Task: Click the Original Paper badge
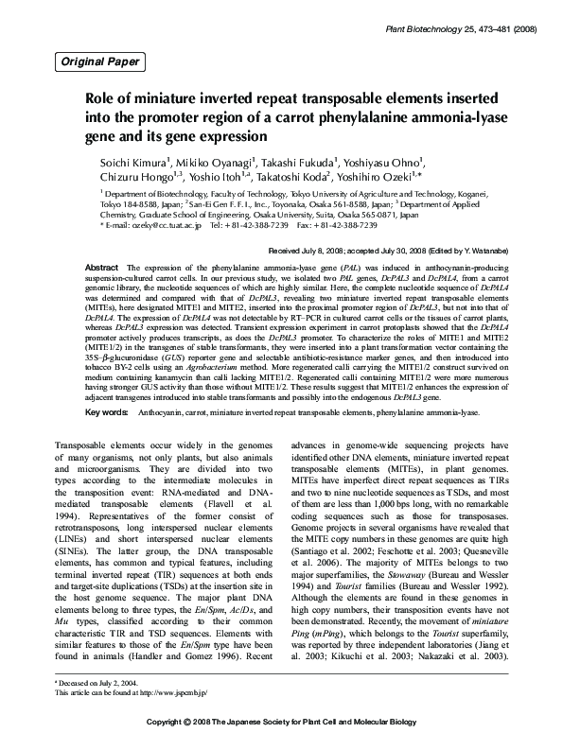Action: (101, 62)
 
